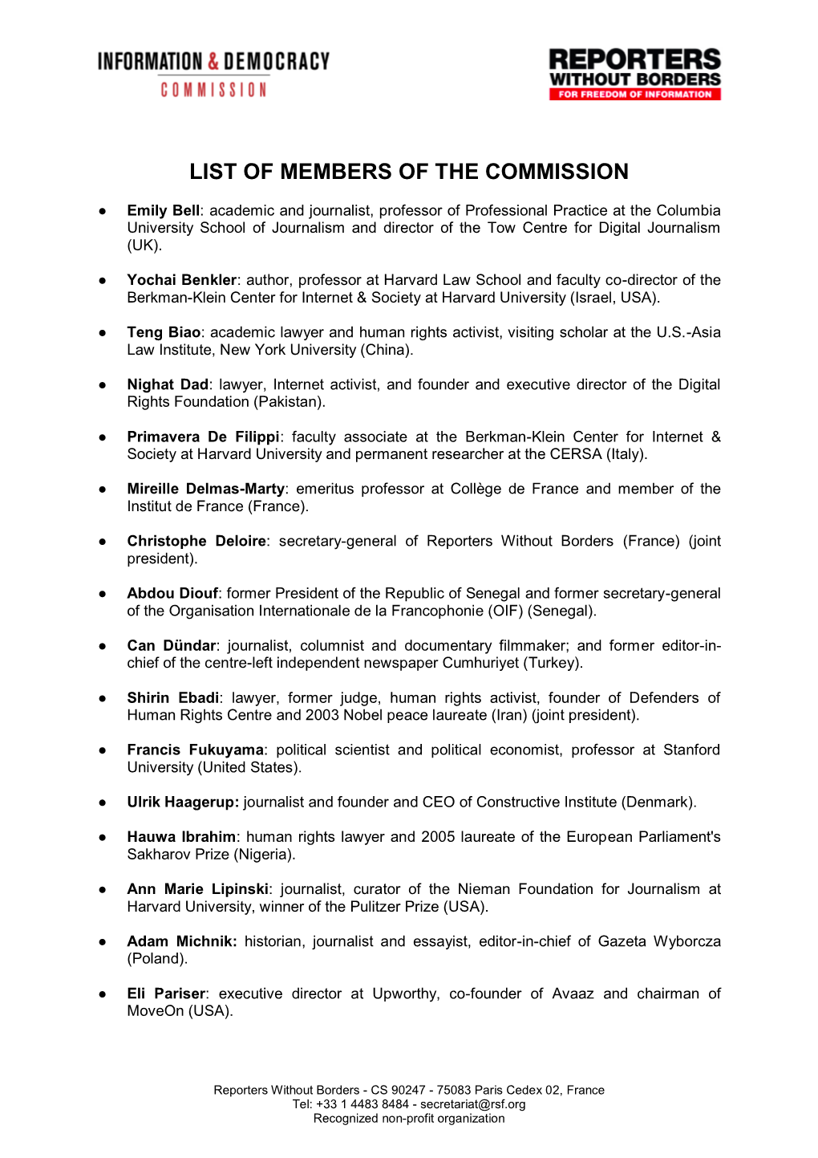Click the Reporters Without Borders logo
(x=634, y=74)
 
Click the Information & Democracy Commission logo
(x=213, y=74)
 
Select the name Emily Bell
(x=163, y=211)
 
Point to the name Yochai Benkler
(x=181, y=280)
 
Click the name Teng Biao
(x=164, y=332)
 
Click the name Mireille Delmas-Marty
(x=205, y=489)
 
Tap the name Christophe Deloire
(x=196, y=541)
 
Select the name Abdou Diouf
(x=172, y=593)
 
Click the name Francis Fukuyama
(x=195, y=750)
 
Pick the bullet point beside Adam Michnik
(x=103, y=942)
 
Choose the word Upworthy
(x=405, y=993)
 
